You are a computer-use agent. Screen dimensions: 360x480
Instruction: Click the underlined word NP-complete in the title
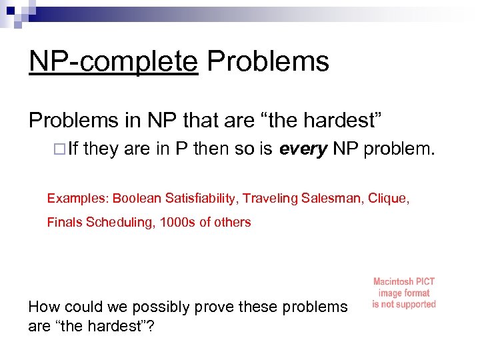pyautogui.click(x=113, y=62)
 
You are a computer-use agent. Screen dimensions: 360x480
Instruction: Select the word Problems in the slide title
pyautogui.click(x=268, y=62)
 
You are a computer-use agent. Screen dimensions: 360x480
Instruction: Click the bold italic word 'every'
pyautogui.click(x=303, y=150)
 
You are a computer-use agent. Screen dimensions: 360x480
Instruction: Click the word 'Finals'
pyautogui.click(x=65, y=223)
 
